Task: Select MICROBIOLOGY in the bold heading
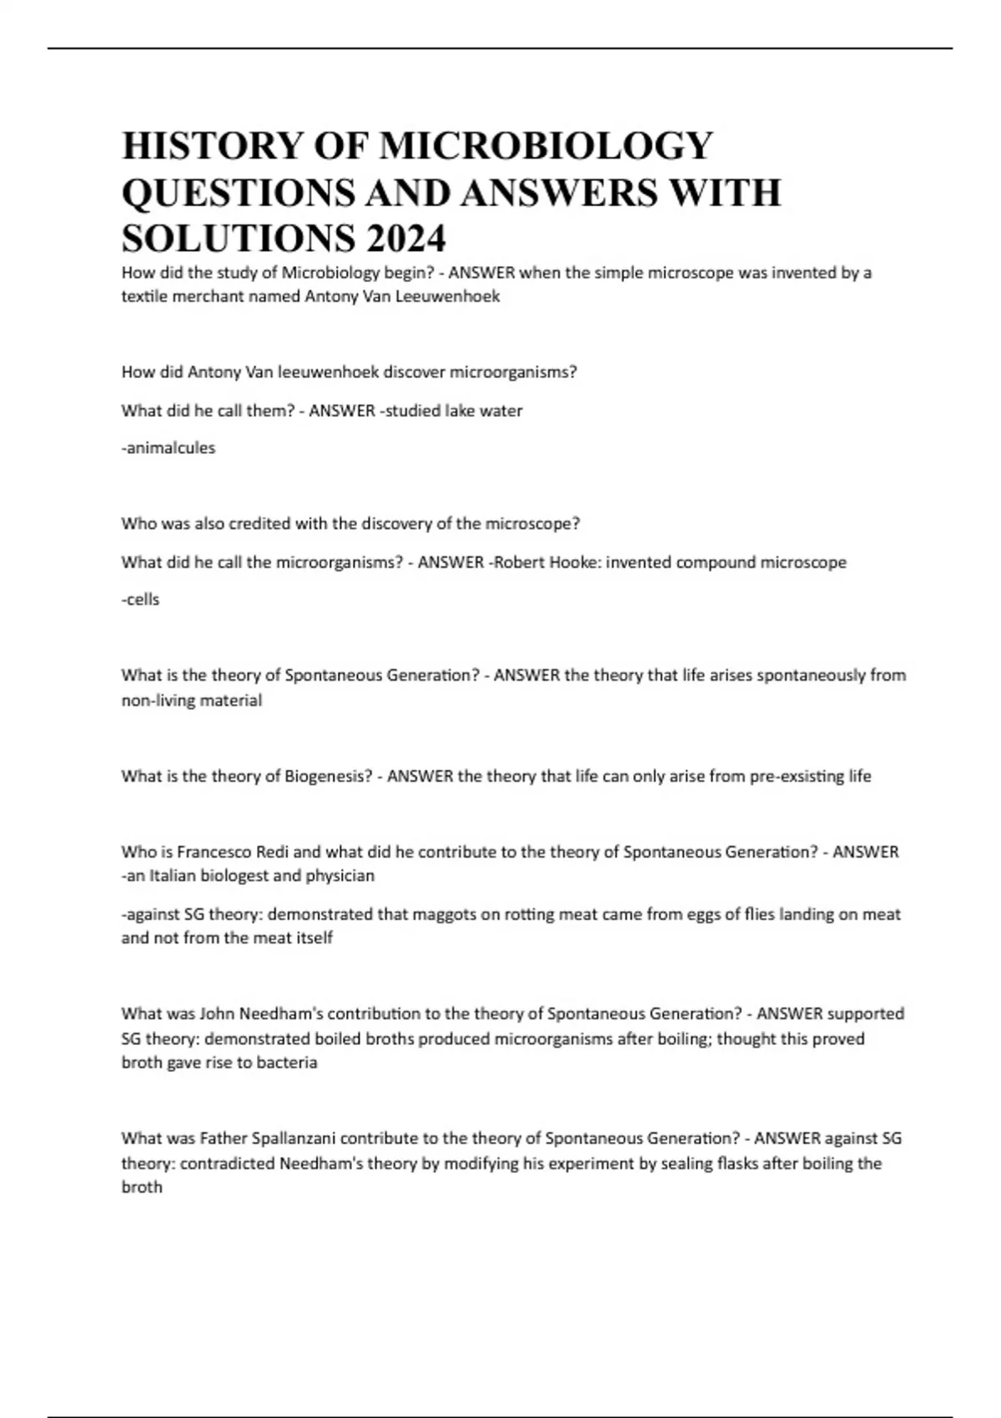tap(546, 146)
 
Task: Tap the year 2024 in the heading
tap(405, 239)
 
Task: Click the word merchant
tap(205, 296)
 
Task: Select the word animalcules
tap(169, 448)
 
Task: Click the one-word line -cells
tap(141, 600)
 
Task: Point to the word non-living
tap(151, 701)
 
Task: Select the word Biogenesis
tap(328, 777)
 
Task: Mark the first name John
tap(217, 1014)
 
